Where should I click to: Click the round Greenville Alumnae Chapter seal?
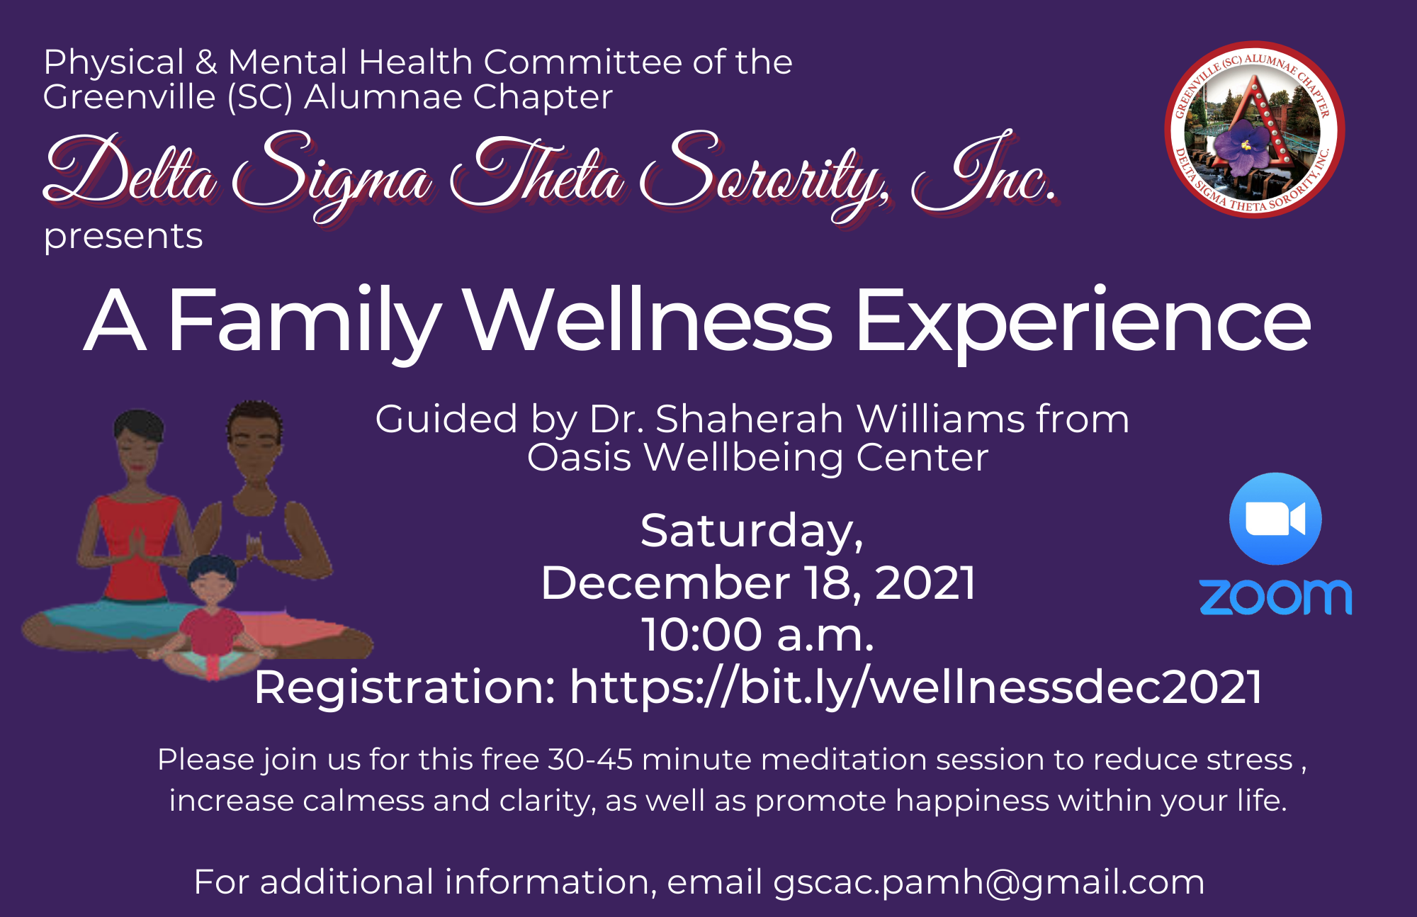(x=1255, y=130)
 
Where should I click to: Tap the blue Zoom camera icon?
(x=1275, y=519)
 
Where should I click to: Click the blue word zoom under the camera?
(x=1275, y=597)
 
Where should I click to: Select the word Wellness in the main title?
(x=648, y=320)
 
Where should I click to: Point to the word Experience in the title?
(x=1083, y=324)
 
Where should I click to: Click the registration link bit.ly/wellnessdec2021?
(x=915, y=687)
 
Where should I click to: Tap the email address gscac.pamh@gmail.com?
(x=988, y=883)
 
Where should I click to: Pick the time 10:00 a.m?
(x=757, y=634)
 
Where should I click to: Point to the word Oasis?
(x=579, y=457)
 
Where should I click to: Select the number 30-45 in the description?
(x=590, y=760)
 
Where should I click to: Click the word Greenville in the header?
(x=130, y=97)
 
